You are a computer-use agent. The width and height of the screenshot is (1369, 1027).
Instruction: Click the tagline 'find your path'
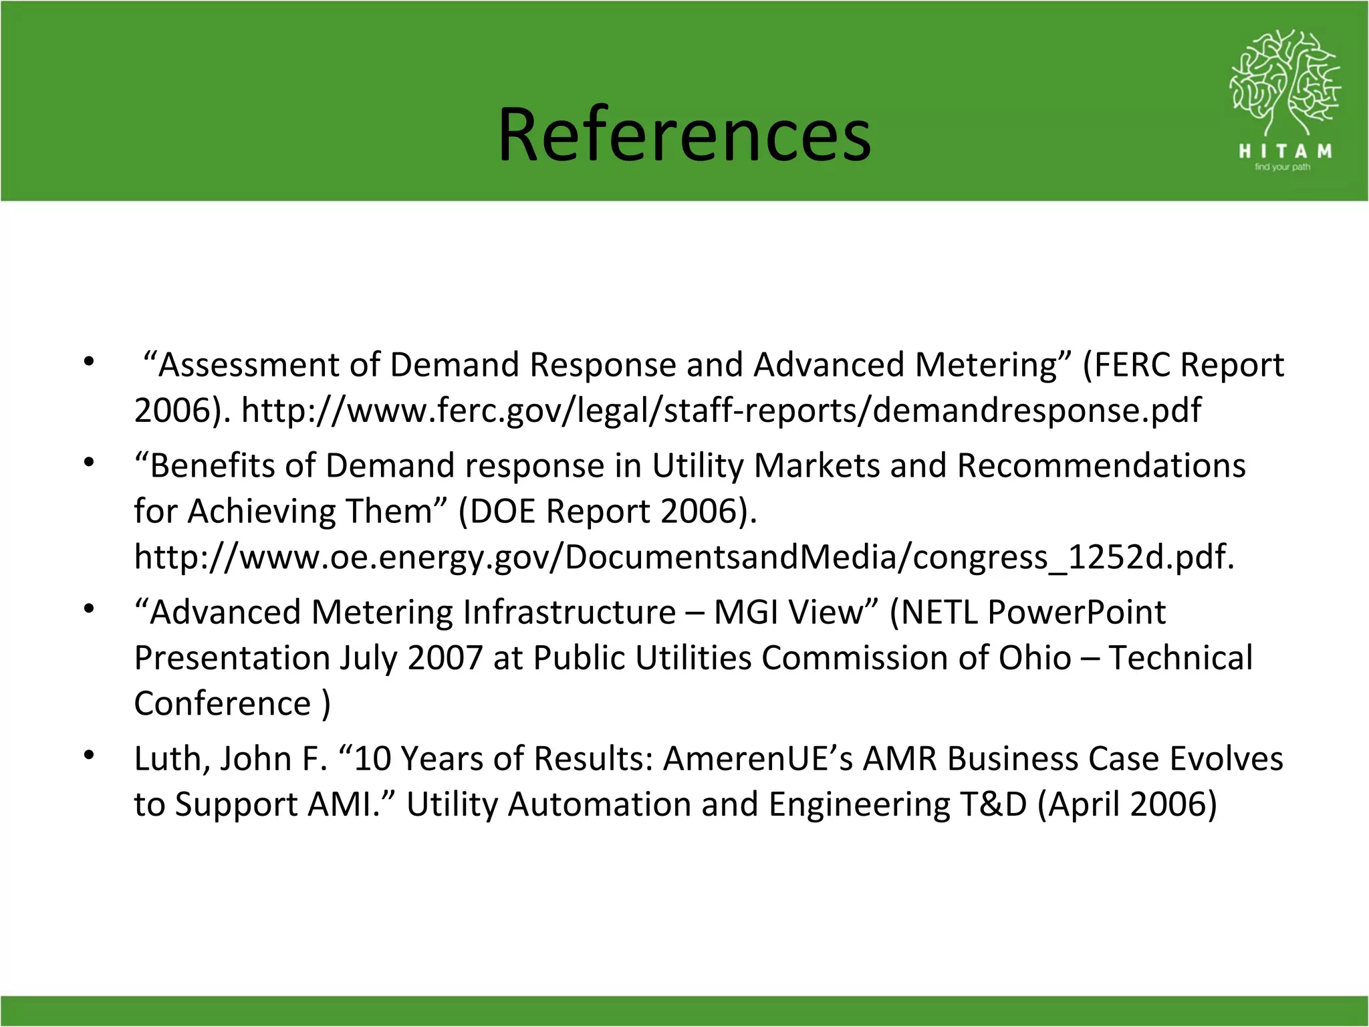[x=1282, y=167]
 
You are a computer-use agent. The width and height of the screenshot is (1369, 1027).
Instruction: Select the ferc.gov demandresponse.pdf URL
[x=721, y=410]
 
